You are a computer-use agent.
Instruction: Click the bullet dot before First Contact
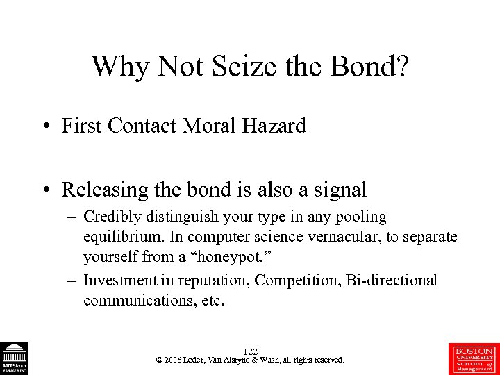coord(44,127)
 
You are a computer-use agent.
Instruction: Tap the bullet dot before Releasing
coord(44,190)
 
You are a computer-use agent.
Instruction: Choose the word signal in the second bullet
coord(340,190)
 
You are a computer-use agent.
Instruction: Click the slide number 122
coord(250,352)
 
